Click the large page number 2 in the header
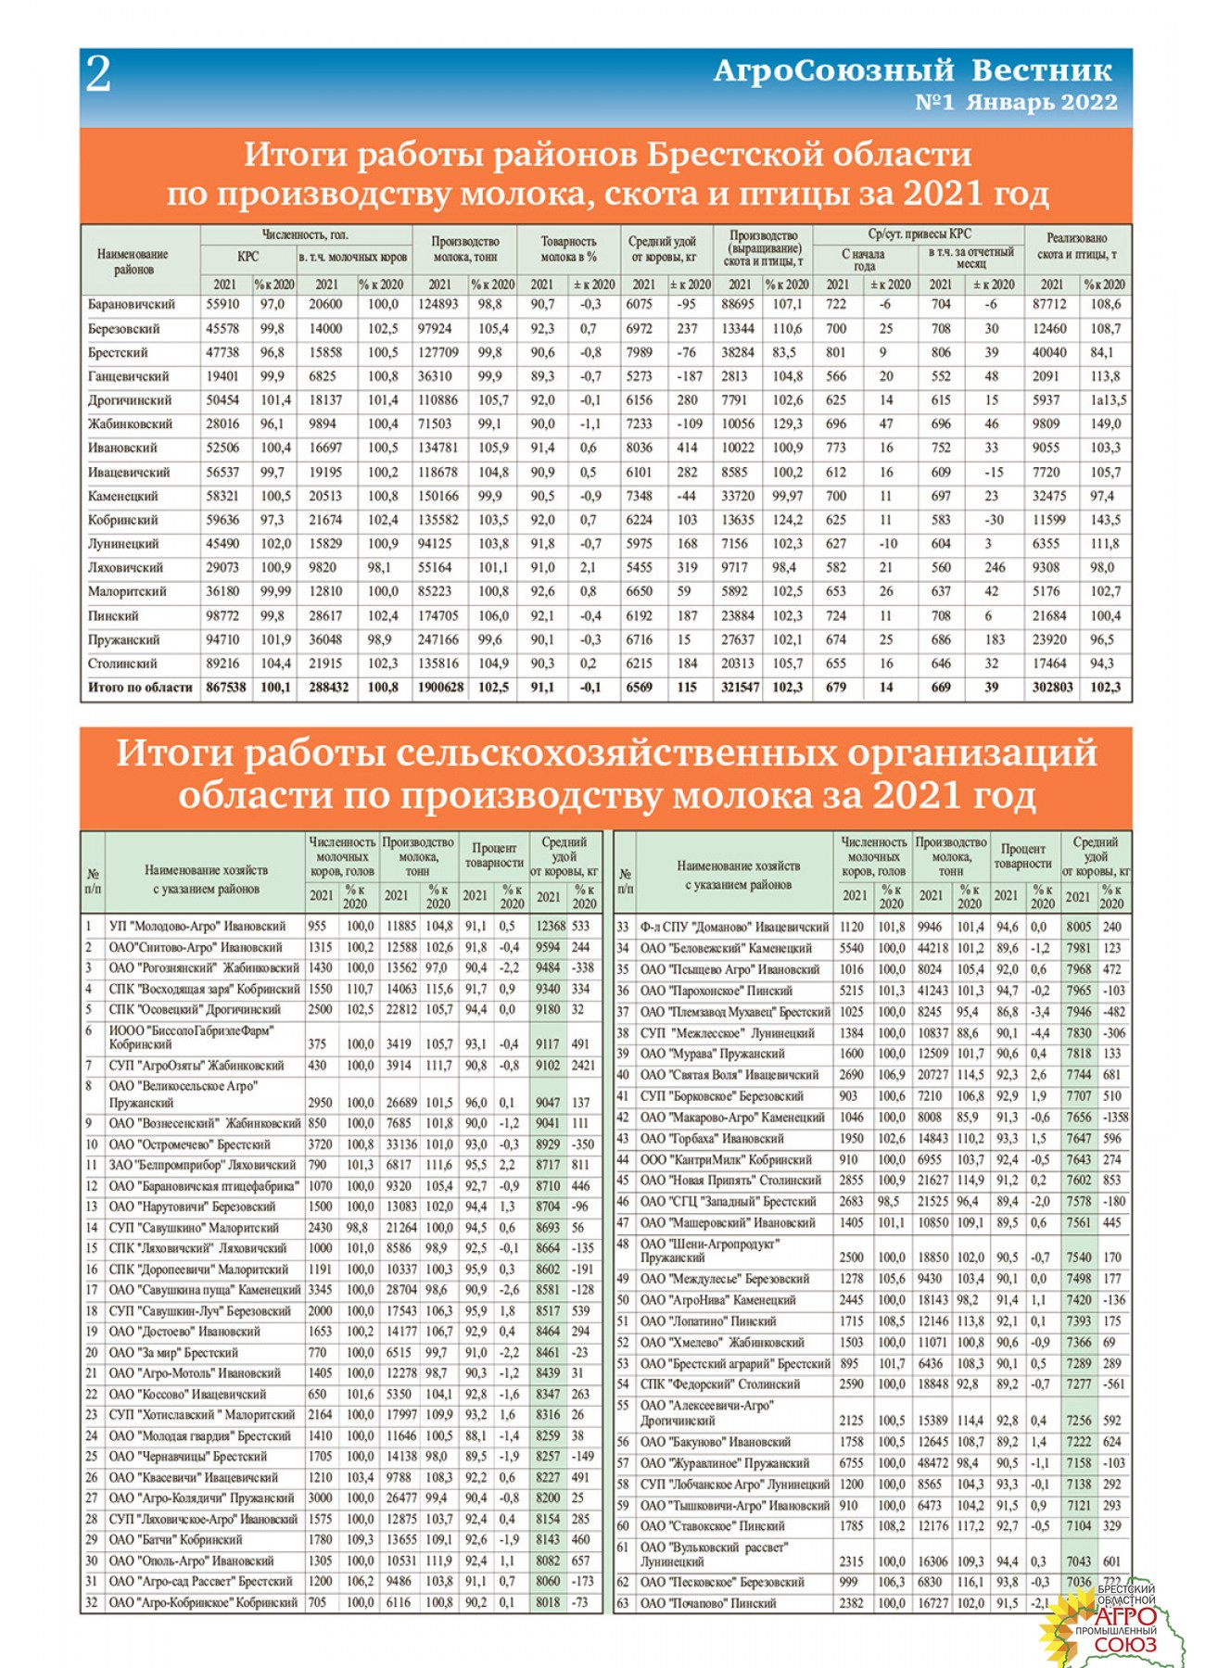(x=98, y=75)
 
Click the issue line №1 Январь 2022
(x=1016, y=103)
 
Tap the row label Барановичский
(x=131, y=304)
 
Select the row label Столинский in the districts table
(x=122, y=663)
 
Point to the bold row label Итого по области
(x=140, y=688)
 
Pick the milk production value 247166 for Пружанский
(x=438, y=639)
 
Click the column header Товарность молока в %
(x=567, y=248)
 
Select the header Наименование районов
(x=133, y=261)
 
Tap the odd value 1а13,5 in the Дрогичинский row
(x=1107, y=400)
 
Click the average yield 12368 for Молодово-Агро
(x=550, y=926)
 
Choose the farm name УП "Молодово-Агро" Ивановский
(x=197, y=926)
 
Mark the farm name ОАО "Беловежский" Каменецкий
(x=726, y=948)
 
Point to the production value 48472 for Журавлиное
(x=932, y=1463)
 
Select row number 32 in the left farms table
(x=91, y=1602)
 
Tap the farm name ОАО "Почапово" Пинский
(x=708, y=1603)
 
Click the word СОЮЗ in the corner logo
(x=1124, y=1645)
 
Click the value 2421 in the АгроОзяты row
(x=583, y=1066)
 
